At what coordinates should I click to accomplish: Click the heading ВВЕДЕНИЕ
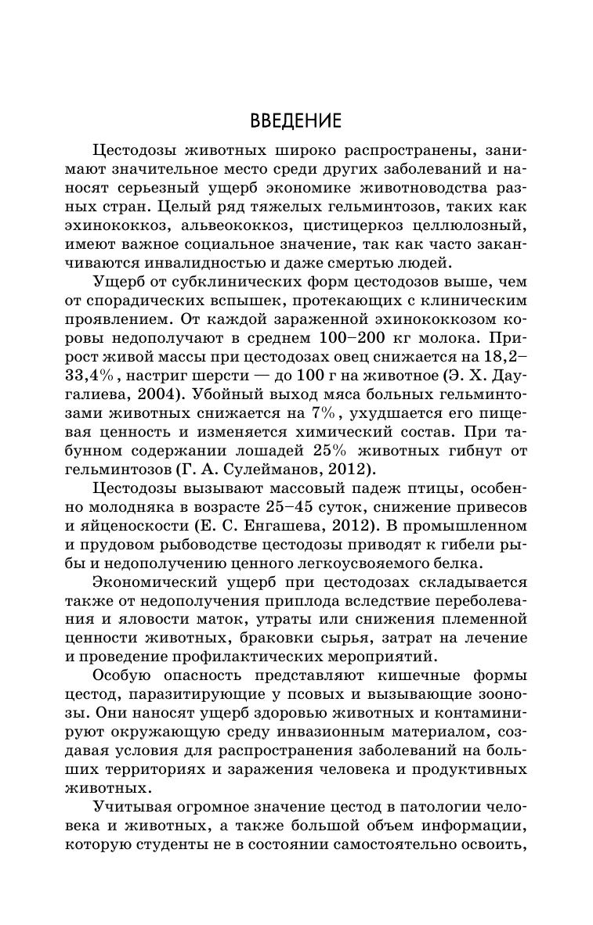click(x=295, y=121)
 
